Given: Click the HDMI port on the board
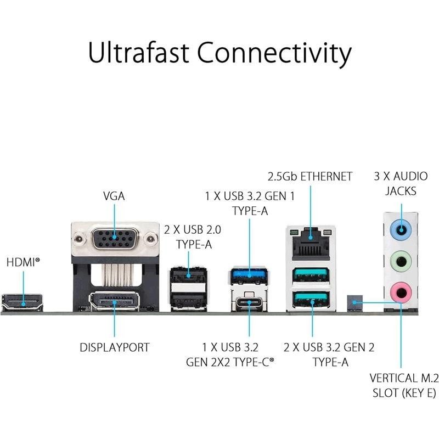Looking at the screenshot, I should point(22,301).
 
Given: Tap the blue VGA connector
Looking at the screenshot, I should point(114,239).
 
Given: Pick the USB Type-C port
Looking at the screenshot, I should point(249,301).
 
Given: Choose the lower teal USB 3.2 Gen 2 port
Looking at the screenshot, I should point(312,299).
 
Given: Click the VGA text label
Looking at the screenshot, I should point(114,196).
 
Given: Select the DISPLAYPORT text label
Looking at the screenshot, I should point(114,347).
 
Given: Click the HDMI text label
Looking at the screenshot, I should point(22,262).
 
